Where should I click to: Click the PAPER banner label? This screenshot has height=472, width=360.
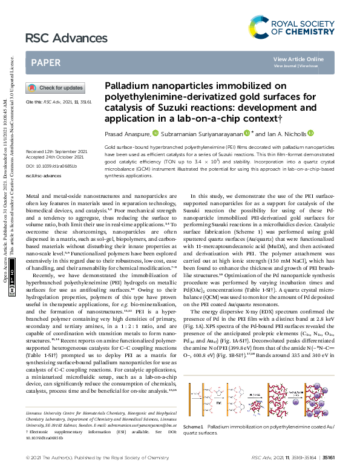pos(45,62)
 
